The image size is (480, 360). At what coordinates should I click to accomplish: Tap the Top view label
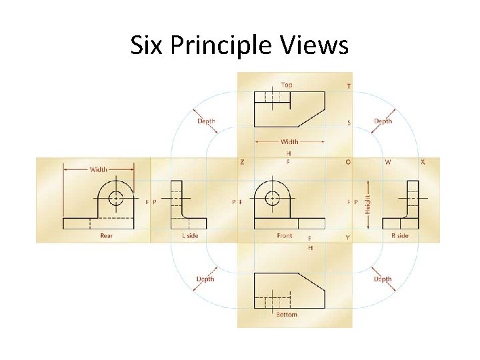coord(287,85)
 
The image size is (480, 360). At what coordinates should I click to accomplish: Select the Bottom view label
coord(287,315)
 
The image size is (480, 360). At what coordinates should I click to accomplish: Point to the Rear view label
coord(107,235)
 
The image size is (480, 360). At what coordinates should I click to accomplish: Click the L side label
coord(190,235)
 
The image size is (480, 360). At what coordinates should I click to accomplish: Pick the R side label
coord(400,235)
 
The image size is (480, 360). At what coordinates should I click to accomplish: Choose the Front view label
coord(285,235)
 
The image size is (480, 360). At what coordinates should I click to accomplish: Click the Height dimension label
coord(367,199)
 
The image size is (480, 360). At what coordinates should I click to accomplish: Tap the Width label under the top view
coord(289,141)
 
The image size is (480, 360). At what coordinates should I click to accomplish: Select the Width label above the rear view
coord(99,169)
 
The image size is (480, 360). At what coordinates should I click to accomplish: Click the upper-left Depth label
coord(206,121)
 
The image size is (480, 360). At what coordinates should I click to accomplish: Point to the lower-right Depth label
coord(383,279)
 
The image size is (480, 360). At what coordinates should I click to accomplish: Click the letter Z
coord(241,162)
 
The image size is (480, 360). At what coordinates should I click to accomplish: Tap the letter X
coord(423,162)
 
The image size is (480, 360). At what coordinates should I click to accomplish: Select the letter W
coord(388,162)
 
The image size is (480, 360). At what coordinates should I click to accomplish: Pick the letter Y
coord(347,237)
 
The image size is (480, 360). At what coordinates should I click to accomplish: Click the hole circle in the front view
coord(272,198)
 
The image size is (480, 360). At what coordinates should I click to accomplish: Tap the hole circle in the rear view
coord(116,198)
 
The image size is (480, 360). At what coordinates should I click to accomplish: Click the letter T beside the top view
coord(349,86)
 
